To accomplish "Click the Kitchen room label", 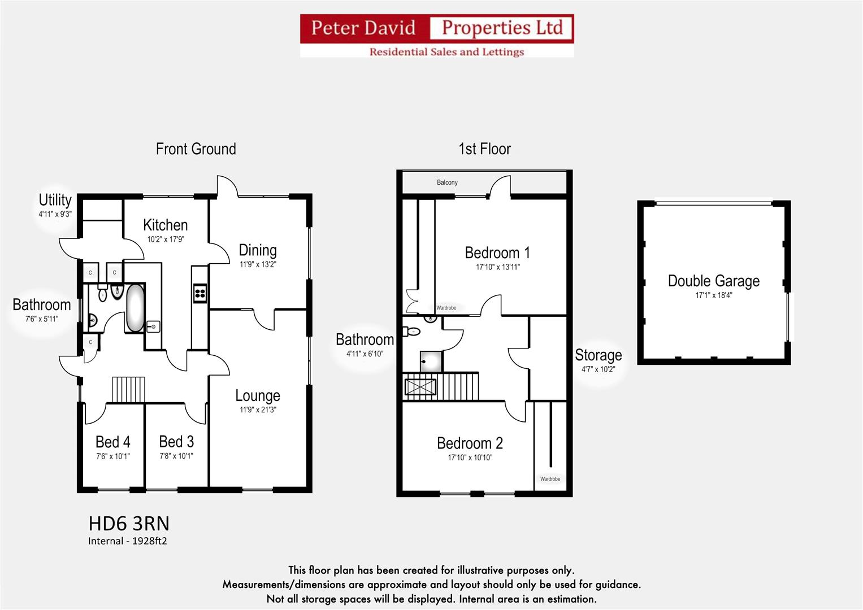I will pos(165,225).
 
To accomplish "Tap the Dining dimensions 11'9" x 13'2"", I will pos(258,264).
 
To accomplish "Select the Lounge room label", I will pos(258,395).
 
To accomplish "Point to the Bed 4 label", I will pos(112,442).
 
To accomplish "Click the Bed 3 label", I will pos(176,442).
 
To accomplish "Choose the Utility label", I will pos(55,200).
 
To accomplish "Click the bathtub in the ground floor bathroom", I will pos(135,308).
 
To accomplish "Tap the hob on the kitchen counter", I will pos(200,293).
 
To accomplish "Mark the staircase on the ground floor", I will pos(129,389).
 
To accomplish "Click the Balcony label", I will pos(447,182).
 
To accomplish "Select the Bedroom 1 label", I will pos(497,252).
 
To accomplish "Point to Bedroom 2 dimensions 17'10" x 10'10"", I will pos(470,457).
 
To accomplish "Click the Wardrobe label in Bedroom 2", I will pos(550,479).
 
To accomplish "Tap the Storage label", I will pos(598,355).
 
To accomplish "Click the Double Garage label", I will pos(713,281).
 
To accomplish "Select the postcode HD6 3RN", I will pos(129,524).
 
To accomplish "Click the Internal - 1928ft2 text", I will pos(127,541).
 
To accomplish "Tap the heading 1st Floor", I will pos(484,149).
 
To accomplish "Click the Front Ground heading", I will pos(196,149).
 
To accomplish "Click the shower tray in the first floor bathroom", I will pos(431,361).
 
